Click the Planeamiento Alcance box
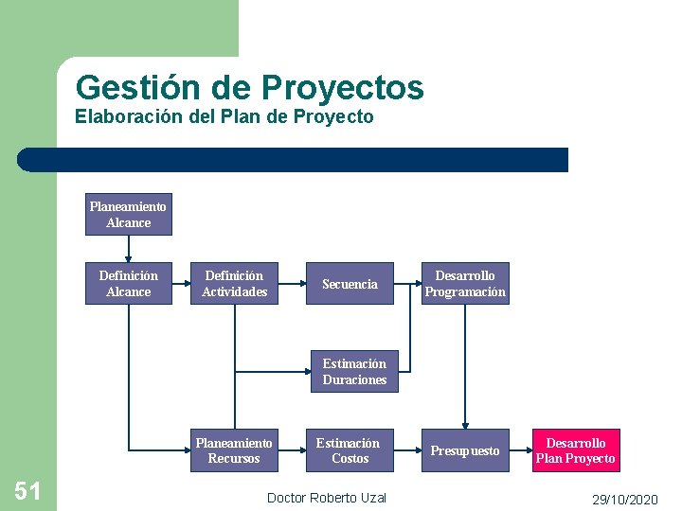pos(128,215)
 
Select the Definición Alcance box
pos(128,283)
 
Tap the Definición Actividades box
pos(235,283)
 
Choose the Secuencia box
pos(350,284)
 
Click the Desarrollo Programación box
pos(465,283)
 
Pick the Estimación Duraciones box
pos(354,371)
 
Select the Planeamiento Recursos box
pos(233,450)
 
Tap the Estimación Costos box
pos(348,450)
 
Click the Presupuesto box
pos(465,450)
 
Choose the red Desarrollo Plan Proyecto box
pos(575,450)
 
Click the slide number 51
pos(27,490)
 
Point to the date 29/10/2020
pos(624,499)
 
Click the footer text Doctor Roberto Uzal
pos(327,498)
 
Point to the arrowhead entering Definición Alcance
pos(128,257)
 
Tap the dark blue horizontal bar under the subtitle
pos(294,160)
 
